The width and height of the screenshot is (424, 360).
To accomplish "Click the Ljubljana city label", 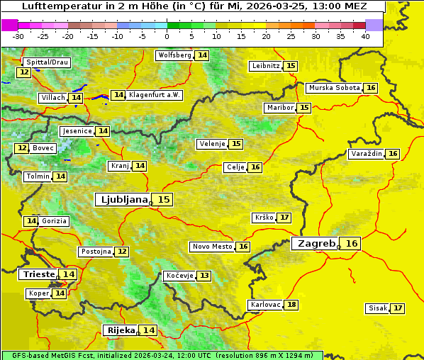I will click(123, 200).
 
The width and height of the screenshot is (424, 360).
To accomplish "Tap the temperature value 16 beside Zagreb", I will click(352, 244).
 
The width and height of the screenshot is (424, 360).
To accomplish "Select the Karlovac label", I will click(264, 305).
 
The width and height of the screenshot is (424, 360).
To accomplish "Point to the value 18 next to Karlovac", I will click(291, 305).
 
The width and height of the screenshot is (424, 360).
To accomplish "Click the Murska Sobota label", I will click(333, 88).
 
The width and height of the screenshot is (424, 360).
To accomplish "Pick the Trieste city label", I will click(38, 274).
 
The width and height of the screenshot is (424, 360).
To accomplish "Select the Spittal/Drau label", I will click(46, 62).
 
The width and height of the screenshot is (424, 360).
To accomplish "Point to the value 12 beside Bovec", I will click(22, 148).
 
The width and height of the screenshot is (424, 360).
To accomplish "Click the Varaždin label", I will click(366, 154).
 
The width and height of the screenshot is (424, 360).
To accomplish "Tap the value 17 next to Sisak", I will click(398, 308).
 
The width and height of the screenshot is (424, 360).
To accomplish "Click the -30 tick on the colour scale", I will click(18, 36).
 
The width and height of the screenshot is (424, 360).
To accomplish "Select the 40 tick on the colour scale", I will click(365, 36).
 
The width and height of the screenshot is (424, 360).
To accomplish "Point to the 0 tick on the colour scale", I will click(167, 36).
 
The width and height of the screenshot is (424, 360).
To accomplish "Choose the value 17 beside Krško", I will click(284, 218).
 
